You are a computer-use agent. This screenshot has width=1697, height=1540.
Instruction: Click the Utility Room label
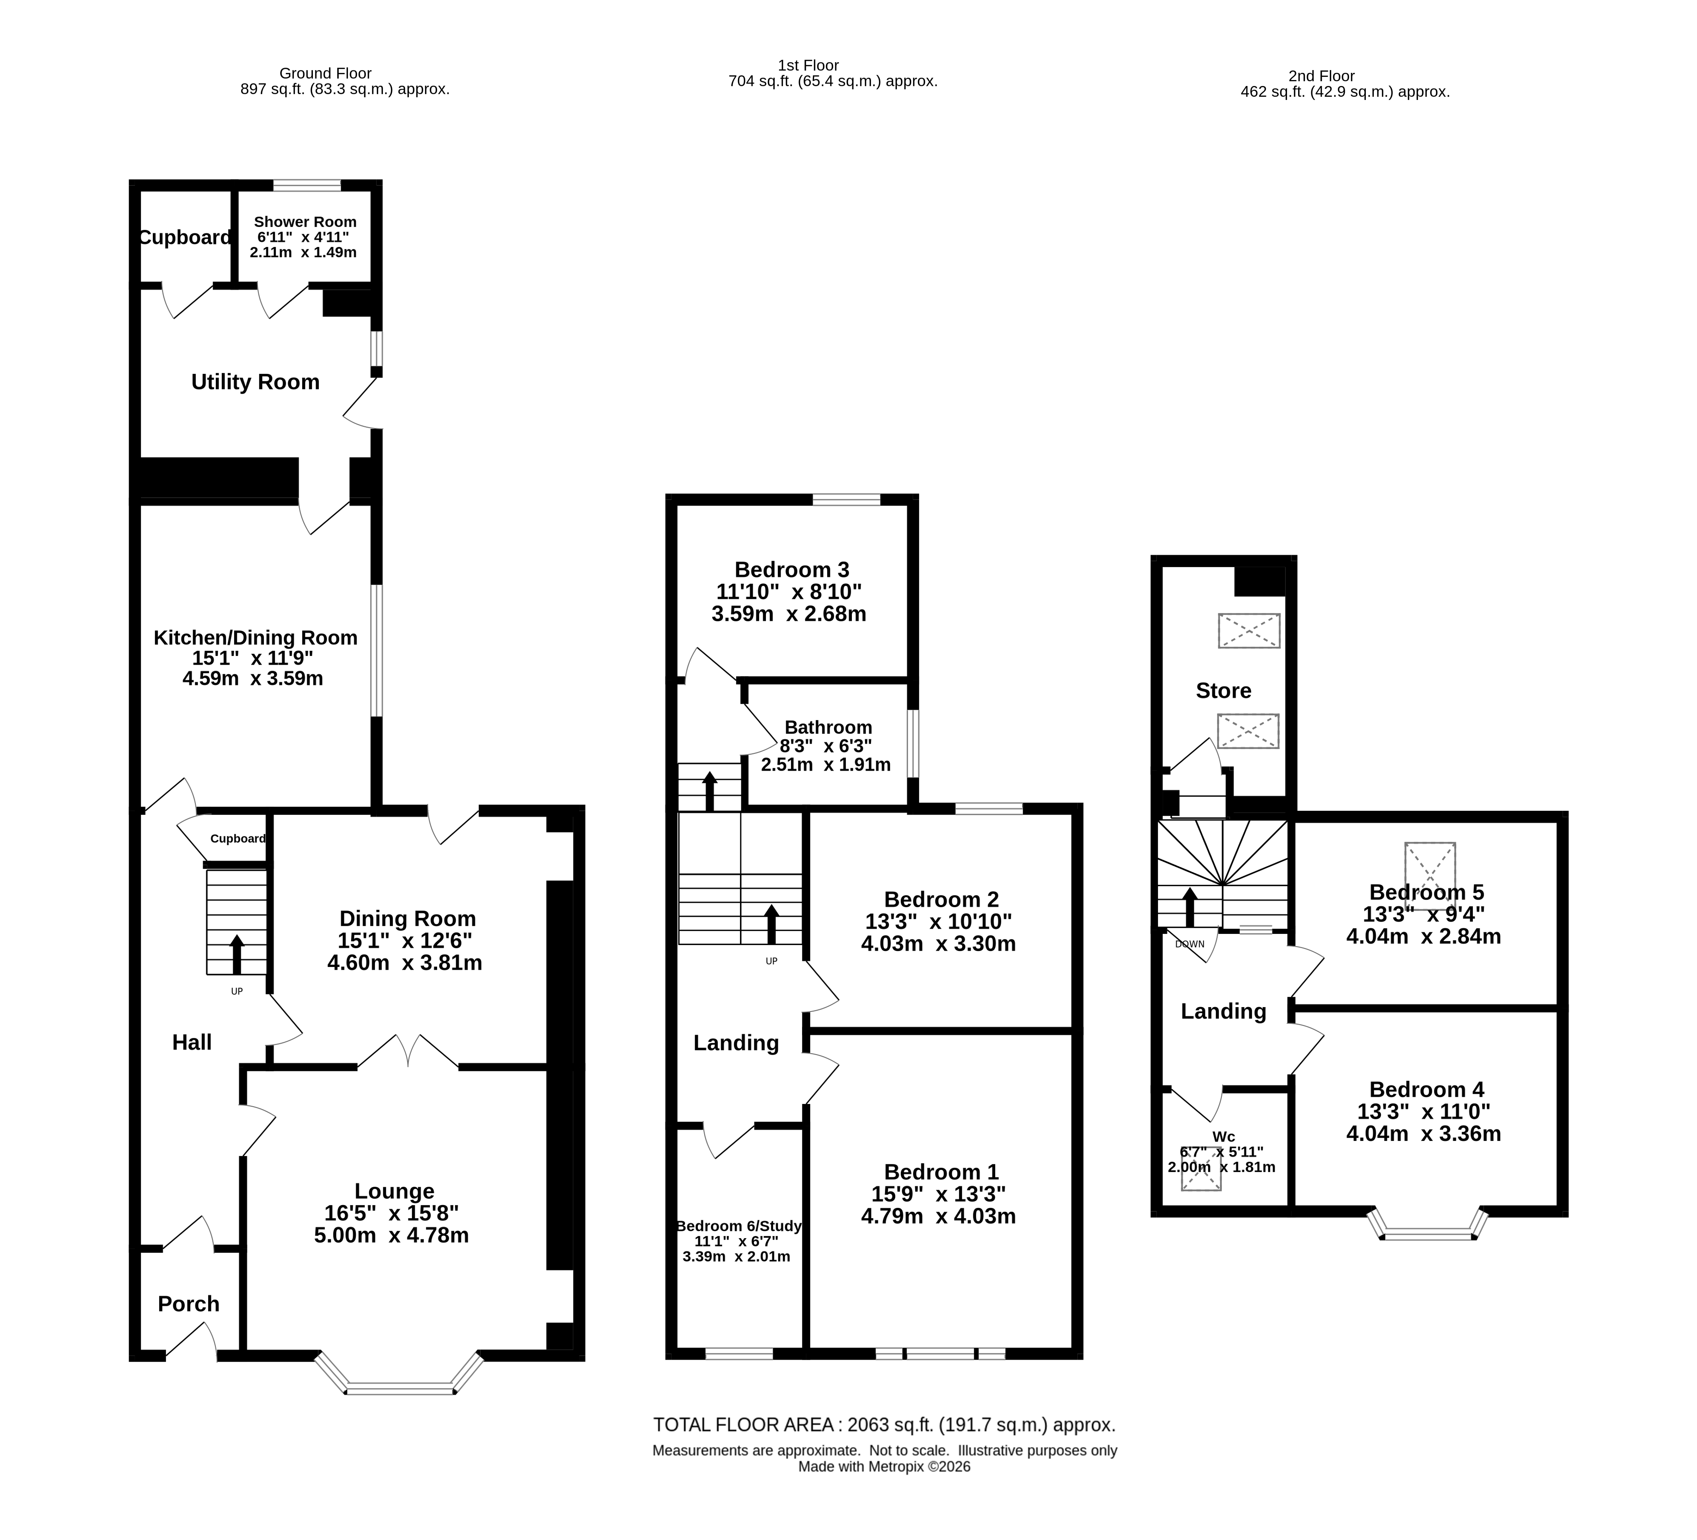click(255, 382)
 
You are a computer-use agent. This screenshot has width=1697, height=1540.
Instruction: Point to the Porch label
click(189, 1304)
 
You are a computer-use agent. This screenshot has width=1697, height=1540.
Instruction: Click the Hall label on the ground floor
click(192, 1042)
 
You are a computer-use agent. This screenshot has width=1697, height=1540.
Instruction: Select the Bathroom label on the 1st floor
click(828, 728)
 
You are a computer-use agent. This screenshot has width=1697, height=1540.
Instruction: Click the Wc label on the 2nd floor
click(1224, 1137)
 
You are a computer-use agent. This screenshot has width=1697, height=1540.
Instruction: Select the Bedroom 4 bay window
click(1428, 1226)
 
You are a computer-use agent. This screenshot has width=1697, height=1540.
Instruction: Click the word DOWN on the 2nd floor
click(1189, 944)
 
